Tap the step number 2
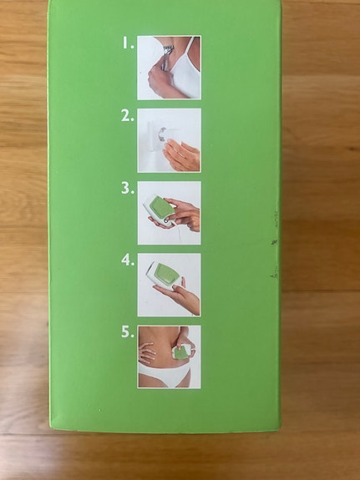coord(127,117)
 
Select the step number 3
coord(127,189)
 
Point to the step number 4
coord(127,260)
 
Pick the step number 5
coord(127,332)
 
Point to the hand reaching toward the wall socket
coord(180,154)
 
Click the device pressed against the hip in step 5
coord(177,355)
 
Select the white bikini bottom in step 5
coord(167,378)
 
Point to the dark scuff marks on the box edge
coord(274,242)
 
